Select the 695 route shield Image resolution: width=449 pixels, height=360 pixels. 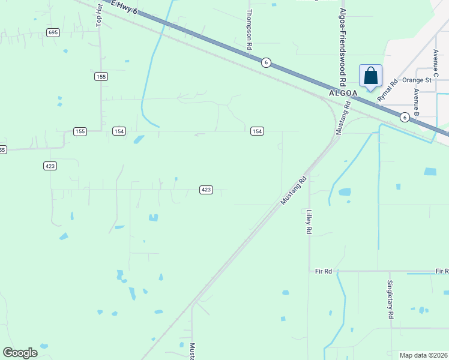(x=53, y=32)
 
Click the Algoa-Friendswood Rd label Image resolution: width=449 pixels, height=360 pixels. (x=343, y=47)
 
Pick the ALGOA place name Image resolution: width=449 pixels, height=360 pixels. (x=343, y=94)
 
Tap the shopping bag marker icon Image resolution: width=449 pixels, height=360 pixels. (x=370, y=76)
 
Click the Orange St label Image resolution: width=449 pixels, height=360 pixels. (x=417, y=80)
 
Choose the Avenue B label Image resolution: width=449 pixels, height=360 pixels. (x=415, y=103)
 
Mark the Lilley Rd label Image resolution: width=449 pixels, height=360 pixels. (x=309, y=222)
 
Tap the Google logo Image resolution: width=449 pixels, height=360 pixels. (x=20, y=353)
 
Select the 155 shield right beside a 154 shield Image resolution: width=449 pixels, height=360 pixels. (x=80, y=131)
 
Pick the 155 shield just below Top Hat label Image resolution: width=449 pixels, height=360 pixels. (x=100, y=76)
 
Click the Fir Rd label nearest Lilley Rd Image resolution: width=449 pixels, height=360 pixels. (x=324, y=272)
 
